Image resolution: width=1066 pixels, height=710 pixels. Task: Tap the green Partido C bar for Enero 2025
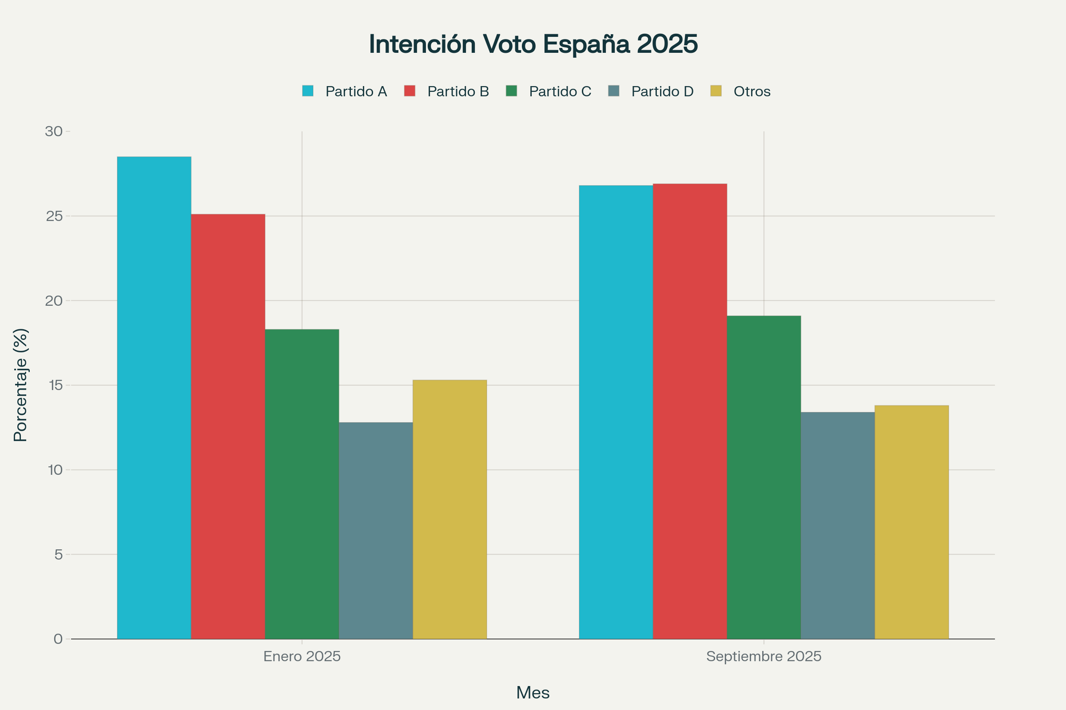(302, 484)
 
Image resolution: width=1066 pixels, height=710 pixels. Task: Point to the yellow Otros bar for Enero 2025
(449, 509)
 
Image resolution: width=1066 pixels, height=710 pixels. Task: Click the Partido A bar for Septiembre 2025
(616, 412)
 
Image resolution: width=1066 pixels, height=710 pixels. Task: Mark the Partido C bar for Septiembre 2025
(764, 477)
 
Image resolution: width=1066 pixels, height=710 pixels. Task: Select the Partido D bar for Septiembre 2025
(838, 526)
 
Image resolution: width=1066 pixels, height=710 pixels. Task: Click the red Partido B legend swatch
(410, 91)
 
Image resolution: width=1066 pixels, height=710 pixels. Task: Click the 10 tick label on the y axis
(54, 470)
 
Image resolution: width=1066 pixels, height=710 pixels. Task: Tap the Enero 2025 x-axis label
(302, 657)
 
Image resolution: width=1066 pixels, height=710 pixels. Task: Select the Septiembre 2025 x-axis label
(764, 657)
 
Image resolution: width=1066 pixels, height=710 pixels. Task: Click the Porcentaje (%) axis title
(21, 385)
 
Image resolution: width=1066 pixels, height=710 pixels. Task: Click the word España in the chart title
(586, 44)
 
